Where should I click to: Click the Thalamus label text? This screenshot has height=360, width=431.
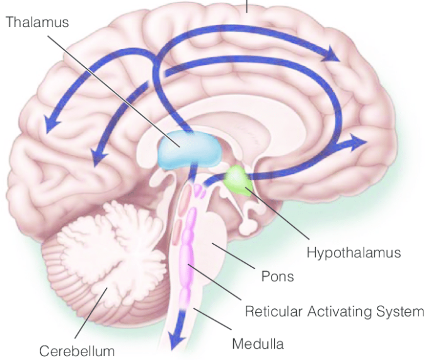coord(37,22)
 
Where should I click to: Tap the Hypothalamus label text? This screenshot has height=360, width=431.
coord(353,252)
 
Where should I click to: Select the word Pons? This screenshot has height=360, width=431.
coord(277,276)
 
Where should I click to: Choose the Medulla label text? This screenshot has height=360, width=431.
coord(258,344)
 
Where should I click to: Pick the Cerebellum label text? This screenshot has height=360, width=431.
coord(77,351)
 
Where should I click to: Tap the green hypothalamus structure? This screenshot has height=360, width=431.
coord(238,180)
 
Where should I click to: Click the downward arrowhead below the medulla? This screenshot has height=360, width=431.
coord(176,340)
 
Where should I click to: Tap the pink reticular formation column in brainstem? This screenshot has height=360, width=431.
coord(187,256)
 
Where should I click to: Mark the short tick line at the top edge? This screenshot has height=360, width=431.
coord(246,6)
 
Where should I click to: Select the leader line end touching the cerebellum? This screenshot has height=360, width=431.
coord(107,288)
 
